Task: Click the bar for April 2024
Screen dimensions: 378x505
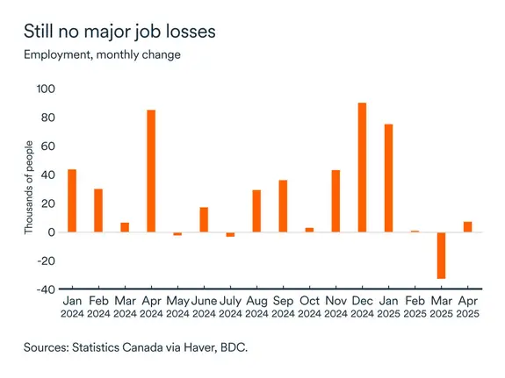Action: click(151, 171)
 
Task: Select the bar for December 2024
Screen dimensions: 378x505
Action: click(362, 168)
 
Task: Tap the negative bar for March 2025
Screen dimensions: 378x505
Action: click(441, 255)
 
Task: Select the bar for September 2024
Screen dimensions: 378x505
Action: click(283, 206)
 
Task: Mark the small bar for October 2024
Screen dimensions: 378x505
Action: click(309, 230)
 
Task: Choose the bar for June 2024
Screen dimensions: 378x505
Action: click(204, 219)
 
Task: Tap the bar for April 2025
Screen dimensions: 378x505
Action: click(467, 226)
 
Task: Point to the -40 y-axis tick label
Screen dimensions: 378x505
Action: click(44, 289)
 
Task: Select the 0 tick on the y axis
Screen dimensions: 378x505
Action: click(52, 232)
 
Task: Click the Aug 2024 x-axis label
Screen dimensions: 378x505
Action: click(256, 307)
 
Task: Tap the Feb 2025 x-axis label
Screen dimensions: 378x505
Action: click(415, 307)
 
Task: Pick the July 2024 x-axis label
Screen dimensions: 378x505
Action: click(230, 307)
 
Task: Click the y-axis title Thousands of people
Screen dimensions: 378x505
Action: click(28, 188)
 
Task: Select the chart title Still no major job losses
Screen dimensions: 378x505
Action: click(120, 32)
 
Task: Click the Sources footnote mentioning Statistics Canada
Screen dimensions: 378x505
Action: click(135, 348)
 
